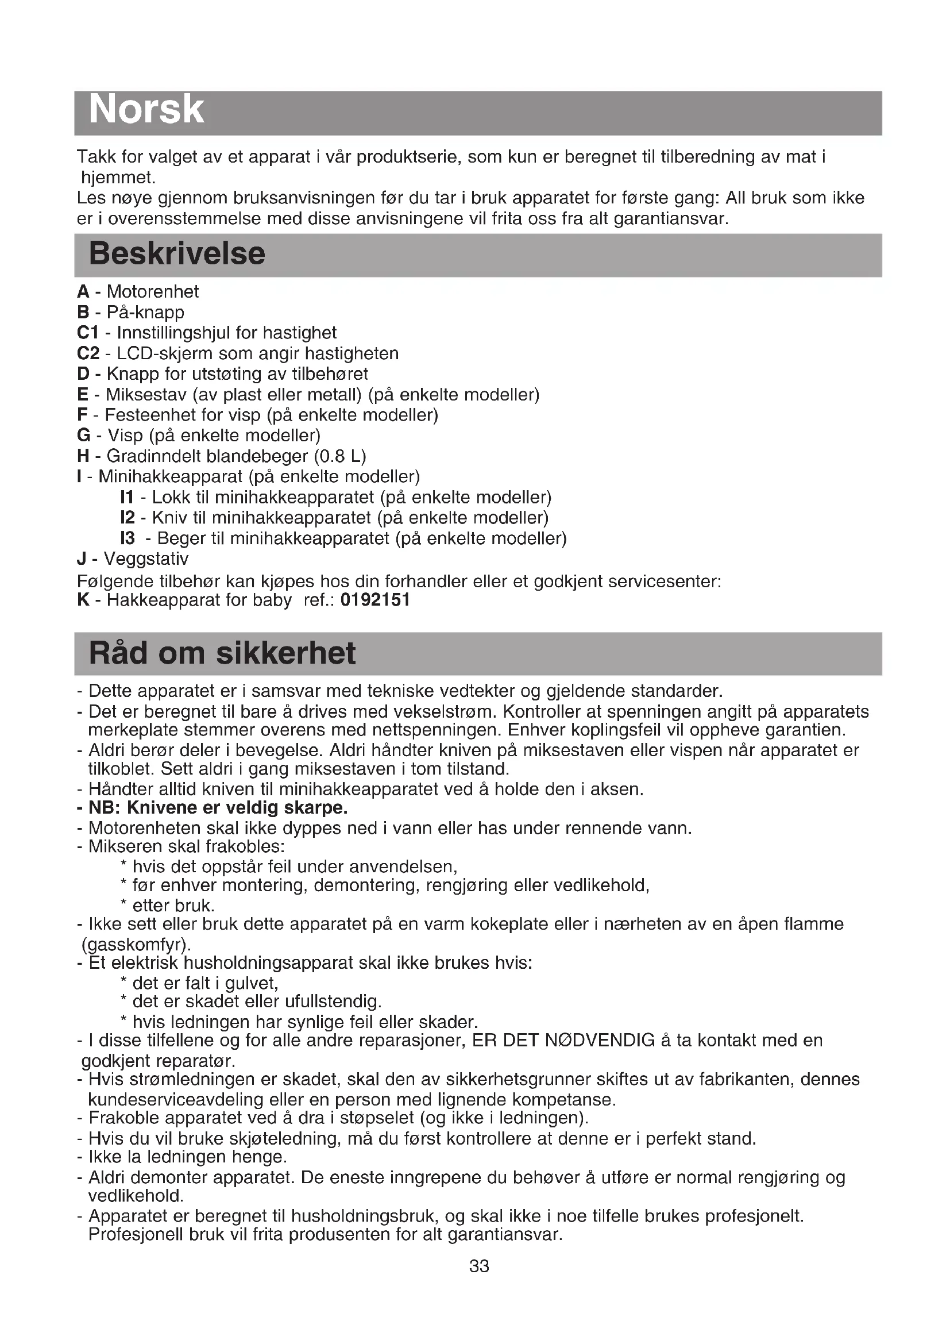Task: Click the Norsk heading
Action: pos(146,110)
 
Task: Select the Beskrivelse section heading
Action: pos(177,254)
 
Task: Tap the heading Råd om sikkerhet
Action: pos(222,653)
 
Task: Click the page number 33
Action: pos(479,1266)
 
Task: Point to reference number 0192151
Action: pos(375,600)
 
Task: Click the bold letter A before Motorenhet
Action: pos(83,291)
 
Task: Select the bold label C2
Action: pos(88,353)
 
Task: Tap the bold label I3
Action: pos(128,538)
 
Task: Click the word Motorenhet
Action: pos(153,291)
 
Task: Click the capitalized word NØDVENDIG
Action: pos(600,1041)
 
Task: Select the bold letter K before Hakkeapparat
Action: pos(83,600)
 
